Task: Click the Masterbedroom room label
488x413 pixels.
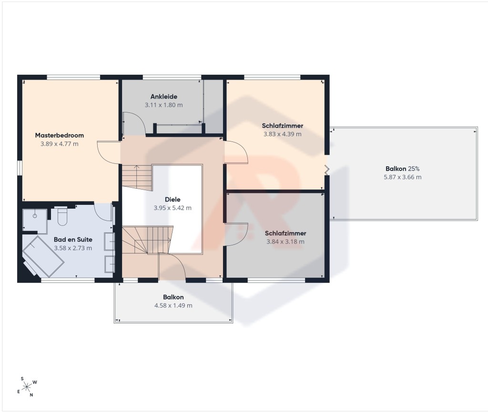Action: [x=60, y=135]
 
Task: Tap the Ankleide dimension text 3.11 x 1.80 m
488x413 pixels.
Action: [x=164, y=105]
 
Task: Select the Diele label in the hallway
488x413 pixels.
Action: [x=173, y=199]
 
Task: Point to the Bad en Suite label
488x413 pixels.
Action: [x=73, y=240]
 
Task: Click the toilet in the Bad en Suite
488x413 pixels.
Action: [x=62, y=216]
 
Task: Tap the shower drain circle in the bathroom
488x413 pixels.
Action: [x=35, y=216]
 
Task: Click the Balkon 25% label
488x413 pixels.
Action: [x=402, y=169]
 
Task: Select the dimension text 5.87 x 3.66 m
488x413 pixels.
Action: [x=402, y=177]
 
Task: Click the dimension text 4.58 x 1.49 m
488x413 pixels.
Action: [x=173, y=305]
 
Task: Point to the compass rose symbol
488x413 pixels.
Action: [x=27, y=387]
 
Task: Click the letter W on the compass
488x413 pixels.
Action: [x=35, y=382]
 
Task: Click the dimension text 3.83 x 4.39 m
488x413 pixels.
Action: [x=283, y=134]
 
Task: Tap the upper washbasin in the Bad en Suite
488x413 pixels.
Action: [x=110, y=241]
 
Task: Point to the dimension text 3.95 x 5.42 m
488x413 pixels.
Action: [x=173, y=208]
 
